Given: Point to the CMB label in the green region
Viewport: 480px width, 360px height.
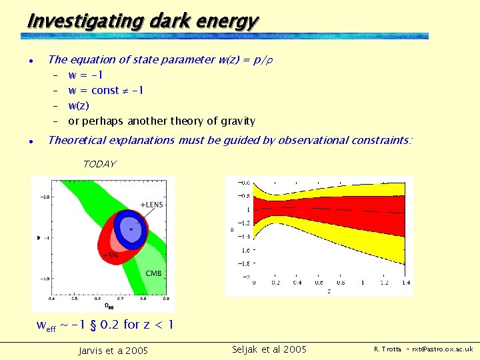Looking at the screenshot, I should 153,273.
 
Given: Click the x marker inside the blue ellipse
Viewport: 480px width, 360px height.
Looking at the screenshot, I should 131,229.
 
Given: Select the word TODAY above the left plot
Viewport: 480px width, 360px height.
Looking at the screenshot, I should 99,164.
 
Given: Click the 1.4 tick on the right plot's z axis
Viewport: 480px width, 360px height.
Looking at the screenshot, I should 406,282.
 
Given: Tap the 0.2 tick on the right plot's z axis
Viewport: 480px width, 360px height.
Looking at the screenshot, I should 276,282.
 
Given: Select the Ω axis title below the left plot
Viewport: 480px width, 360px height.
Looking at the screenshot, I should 107,306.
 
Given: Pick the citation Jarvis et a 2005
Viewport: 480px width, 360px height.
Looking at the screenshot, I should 113,351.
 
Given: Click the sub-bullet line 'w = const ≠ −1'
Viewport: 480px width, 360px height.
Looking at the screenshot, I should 106,90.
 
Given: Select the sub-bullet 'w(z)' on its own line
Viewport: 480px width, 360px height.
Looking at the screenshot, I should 79,105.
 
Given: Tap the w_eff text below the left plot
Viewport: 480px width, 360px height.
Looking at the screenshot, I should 46,327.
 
